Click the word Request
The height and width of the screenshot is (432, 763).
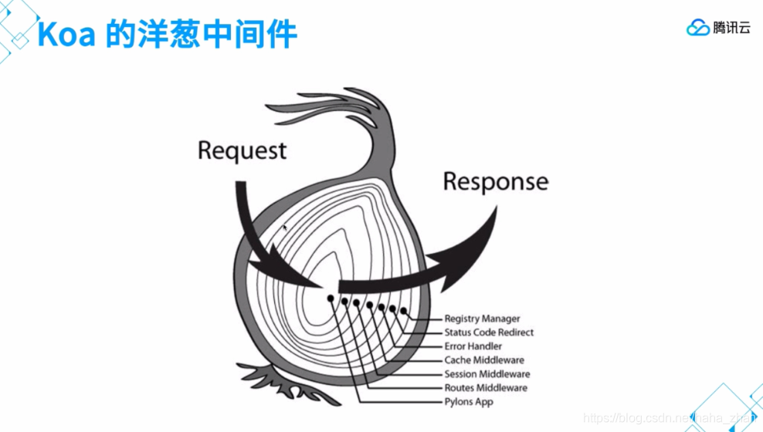tap(242, 150)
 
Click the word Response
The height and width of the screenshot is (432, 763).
tap(495, 182)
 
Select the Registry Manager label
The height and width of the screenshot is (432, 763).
tap(482, 319)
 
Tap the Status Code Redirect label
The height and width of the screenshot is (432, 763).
tap(489, 332)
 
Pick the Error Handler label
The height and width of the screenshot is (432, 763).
tap(473, 346)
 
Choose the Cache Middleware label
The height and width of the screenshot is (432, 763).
tap(484, 360)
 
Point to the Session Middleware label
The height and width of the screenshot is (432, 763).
tap(487, 374)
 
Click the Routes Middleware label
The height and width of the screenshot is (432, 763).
tap(486, 388)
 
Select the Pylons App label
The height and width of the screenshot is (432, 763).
tap(469, 402)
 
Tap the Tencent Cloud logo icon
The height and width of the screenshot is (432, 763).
tap(698, 29)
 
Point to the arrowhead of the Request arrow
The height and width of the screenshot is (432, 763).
tap(309, 278)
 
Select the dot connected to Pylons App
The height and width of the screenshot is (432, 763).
tap(331, 298)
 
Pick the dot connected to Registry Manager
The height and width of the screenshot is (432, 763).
tap(403, 311)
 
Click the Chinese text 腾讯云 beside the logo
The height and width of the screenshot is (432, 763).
tap(732, 29)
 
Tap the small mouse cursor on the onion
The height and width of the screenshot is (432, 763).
tap(284, 228)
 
